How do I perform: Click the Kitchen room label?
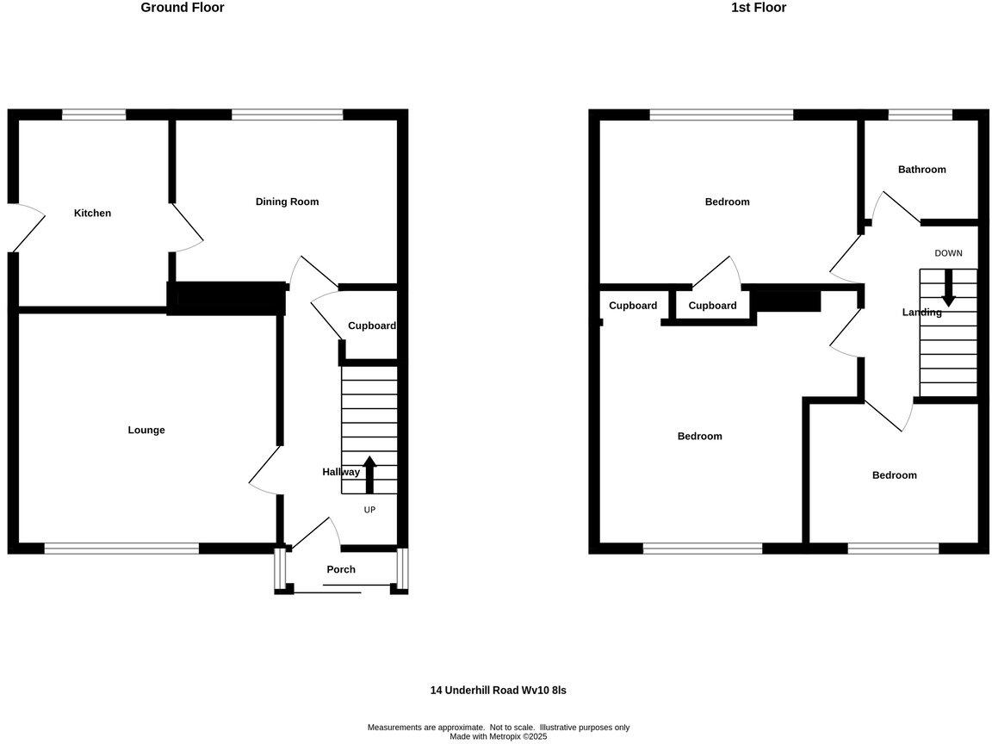click(92, 214)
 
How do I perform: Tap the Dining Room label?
click(287, 202)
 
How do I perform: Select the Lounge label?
click(146, 431)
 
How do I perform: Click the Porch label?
click(341, 569)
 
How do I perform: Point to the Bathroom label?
click(921, 170)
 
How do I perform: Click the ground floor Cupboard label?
click(371, 326)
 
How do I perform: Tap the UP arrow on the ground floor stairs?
click(370, 474)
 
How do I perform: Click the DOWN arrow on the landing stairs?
click(948, 288)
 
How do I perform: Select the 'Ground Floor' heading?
click(183, 8)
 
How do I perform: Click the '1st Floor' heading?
click(759, 8)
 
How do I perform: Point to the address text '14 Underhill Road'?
click(498, 691)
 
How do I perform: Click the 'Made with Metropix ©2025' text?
click(498, 736)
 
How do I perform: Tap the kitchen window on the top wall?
click(94, 115)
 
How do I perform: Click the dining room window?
click(288, 115)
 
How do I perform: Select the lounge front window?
click(121, 548)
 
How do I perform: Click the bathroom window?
click(920, 115)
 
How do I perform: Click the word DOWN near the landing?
click(948, 253)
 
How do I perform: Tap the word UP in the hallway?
click(369, 510)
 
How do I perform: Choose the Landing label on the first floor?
click(921, 313)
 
